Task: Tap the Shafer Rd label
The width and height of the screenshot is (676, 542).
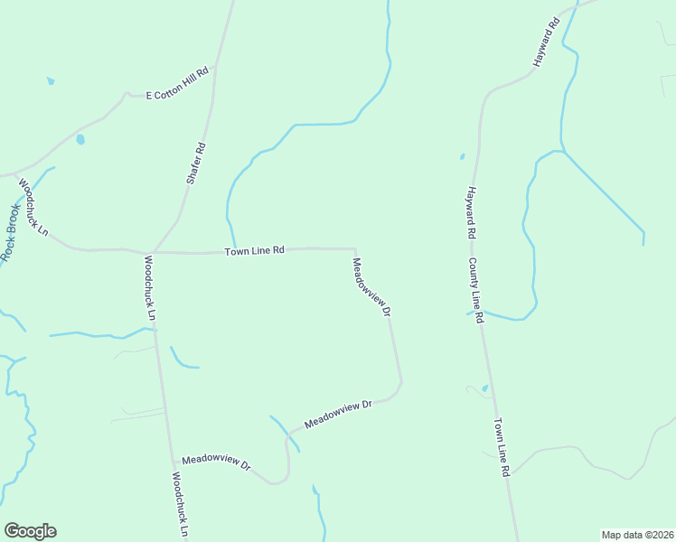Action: (x=196, y=164)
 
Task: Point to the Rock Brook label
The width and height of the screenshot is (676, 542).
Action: (x=12, y=233)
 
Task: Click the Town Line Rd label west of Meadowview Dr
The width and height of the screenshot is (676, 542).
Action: (x=255, y=250)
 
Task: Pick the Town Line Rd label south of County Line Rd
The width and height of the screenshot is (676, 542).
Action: (x=502, y=447)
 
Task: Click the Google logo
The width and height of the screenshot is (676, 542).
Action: (x=30, y=531)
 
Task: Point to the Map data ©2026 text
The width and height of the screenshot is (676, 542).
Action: (x=638, y=535)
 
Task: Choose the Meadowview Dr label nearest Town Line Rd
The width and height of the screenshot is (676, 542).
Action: (x=371, y=286)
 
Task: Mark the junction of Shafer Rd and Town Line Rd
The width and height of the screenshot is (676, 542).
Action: (x=153, y=251)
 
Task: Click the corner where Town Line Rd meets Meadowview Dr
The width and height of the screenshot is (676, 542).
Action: (x=354, y=249)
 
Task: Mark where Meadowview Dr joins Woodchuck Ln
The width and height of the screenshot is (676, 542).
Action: (x=170, y=457)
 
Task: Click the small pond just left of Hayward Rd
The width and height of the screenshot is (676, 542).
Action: (x=462, y=156)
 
